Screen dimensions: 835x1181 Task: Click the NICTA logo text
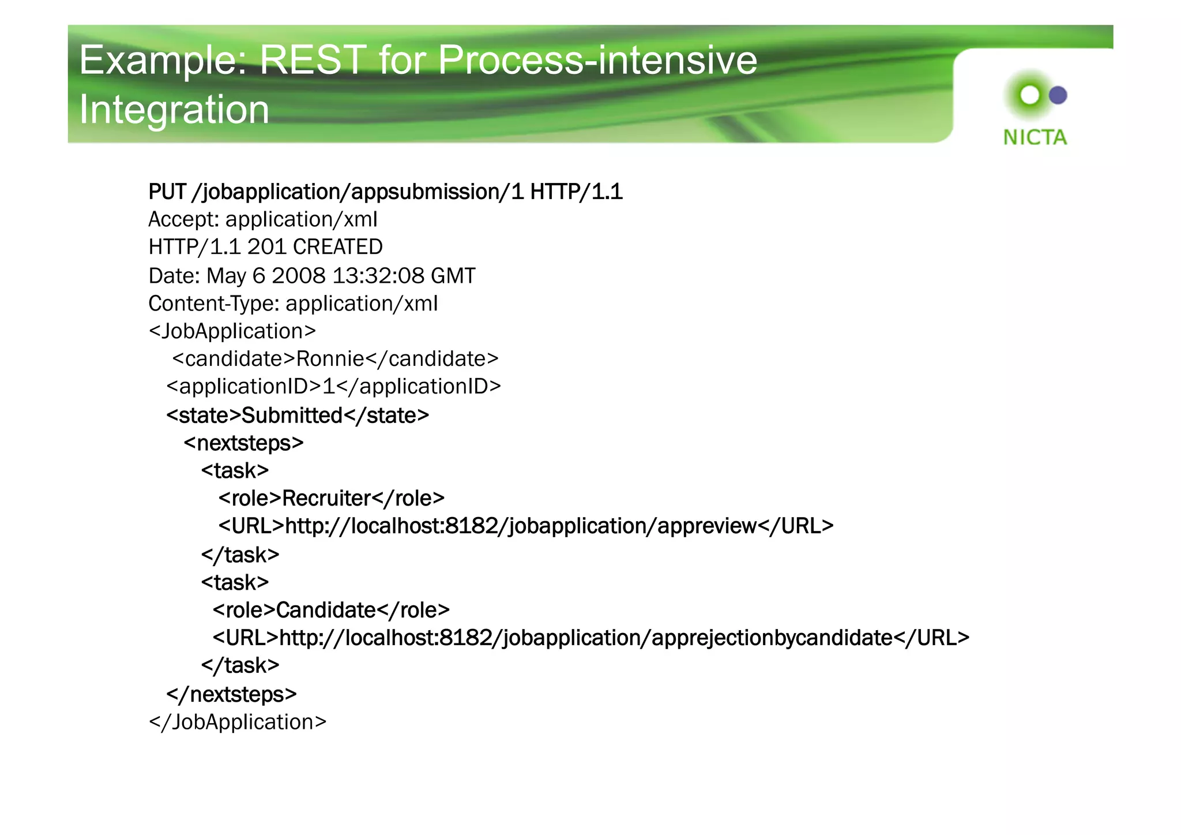pyautogui.click(x=1035, y=137)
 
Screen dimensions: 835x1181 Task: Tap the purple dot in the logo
pyautogui.click(x=1058, y=95)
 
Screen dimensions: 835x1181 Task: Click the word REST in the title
pyautogui.click(x=313, y=60)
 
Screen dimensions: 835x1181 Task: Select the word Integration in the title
pyautogui.click(x=174, y=110)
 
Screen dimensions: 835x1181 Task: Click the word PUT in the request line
pyautogui.click(x=167, y=192)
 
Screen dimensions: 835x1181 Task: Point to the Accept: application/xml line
pyautogui.click(x=263, y=220)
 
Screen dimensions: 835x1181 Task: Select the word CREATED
pyautogui.click(x=338, y=248)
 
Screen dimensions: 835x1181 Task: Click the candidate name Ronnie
pyautogui.click(x=330, y=360)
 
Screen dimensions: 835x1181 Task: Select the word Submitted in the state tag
pyautogui.click(x=292, y=415)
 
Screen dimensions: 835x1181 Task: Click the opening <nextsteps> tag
pyautogui.click(x=243, y=443)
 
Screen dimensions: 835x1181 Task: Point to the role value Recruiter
pyautogui.click(x=326, y=499)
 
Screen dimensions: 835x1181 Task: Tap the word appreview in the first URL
pyautogui.click(x=706, y=526)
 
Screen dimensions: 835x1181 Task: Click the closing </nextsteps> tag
pyautogui.click(x=232, y=694)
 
